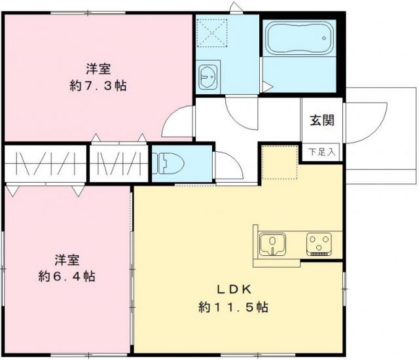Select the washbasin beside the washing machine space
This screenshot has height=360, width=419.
(x=209, y=77)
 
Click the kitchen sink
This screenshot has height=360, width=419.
(x=270, y=244)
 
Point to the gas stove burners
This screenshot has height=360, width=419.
(x=319, y=245)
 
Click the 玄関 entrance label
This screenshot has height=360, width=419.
(x=321, y=120)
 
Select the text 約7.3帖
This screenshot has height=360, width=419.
(x=98, y=86)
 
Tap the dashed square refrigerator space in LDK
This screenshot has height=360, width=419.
(x=280, y=162)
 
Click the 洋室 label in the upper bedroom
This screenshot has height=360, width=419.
(x=98, y=68)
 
